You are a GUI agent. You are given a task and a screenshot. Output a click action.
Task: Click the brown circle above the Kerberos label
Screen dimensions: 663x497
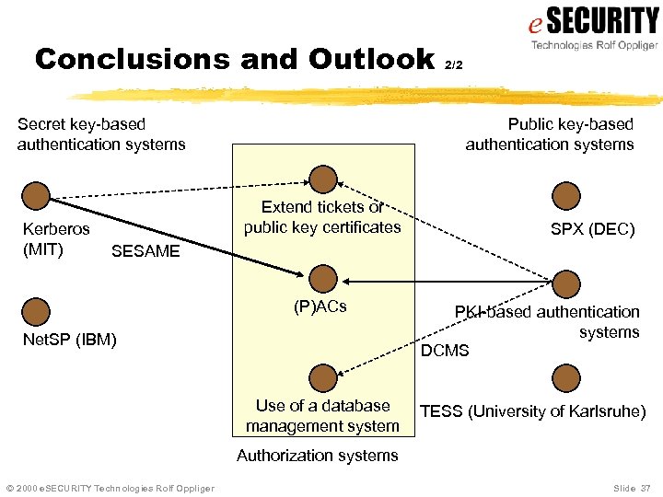coord(36,195)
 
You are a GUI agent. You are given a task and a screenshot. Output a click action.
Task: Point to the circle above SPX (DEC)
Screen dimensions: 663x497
coord(566,195)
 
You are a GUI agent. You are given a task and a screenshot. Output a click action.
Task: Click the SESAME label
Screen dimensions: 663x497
coord(145,251)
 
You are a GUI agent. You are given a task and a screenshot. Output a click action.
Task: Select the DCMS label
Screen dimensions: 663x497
coord(445,351)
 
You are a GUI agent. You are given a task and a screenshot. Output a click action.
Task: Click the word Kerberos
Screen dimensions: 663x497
coord(56,228)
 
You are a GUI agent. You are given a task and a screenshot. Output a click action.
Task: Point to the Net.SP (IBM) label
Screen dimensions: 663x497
coord(69,341)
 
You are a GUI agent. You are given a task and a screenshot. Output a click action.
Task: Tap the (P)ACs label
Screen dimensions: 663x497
coord(320,306)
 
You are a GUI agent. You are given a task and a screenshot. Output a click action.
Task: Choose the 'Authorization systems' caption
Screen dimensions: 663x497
coord(318,455)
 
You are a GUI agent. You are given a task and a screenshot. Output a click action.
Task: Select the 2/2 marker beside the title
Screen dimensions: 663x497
coord(453,65)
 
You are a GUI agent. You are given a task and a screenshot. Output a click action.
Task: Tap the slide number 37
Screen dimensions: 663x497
coord(644,487)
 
